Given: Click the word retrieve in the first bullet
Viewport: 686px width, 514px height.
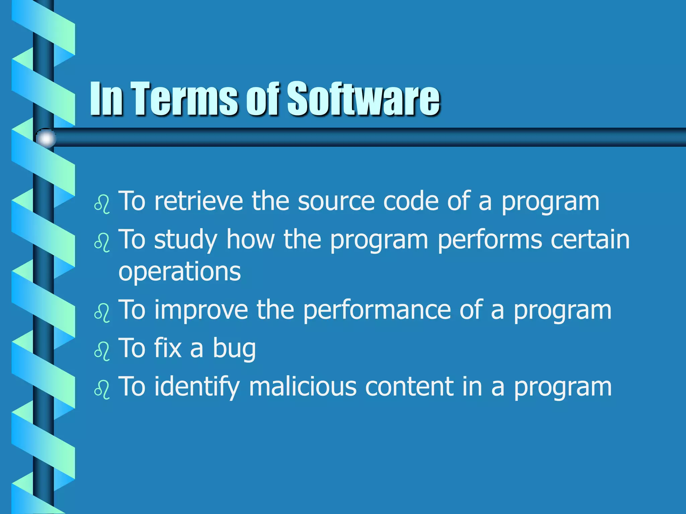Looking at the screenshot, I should point(199,201).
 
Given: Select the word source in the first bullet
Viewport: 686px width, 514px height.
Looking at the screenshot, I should point(336,201).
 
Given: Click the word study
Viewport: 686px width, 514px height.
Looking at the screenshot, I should point(186,240).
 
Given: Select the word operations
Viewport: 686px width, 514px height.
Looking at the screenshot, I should point(180,272).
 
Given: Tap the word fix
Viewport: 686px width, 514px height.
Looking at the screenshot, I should point(168,348).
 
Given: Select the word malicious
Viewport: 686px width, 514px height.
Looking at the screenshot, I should point(302,387).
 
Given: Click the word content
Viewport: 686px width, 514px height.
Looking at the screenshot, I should point(409,387).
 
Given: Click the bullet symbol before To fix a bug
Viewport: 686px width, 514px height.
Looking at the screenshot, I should point(102,351).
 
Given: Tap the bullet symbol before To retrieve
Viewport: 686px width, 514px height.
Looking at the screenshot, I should point(102,203).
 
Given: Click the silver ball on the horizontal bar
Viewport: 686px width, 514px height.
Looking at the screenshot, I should point(46,138).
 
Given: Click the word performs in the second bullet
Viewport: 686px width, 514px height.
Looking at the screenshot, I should point(490,240).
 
